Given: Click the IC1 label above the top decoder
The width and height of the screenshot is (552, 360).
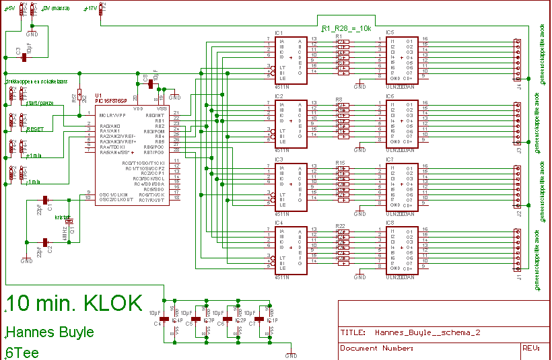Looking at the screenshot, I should (279, 32).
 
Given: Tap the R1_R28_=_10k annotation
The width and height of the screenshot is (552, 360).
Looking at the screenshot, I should (346, 29).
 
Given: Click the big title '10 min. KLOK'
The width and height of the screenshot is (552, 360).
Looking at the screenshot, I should (74, 304).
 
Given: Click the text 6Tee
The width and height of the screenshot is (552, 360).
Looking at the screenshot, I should (22, 352).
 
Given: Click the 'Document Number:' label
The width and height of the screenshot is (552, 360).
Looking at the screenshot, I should (376, 348).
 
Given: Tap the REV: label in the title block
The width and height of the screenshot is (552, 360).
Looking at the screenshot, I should (531, 348).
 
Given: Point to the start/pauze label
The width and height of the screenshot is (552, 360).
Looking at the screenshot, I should (41, 104).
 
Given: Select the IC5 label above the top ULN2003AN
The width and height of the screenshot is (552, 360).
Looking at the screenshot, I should (391, 32).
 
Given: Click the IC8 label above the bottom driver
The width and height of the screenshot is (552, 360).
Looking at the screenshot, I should (391, 222).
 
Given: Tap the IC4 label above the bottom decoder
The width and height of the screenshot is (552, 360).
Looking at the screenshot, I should (279, 222).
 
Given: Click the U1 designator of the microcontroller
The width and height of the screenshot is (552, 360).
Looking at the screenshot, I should (99, 96).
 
